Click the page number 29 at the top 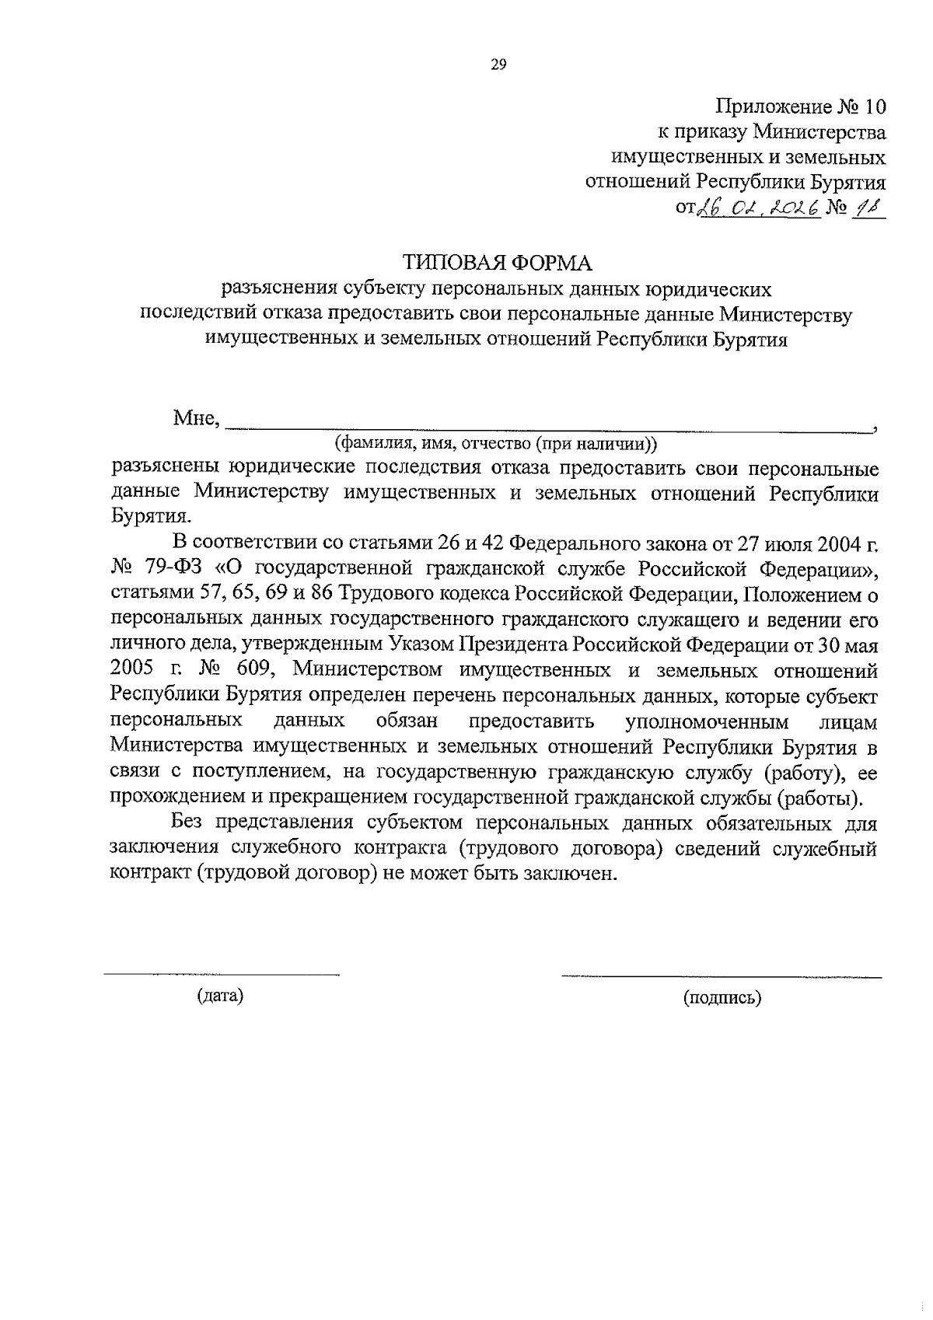498,65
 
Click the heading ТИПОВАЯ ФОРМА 497,262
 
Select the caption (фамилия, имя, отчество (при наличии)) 496,444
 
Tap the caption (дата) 220,996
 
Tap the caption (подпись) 722,997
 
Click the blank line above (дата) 222,973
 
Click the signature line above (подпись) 722,975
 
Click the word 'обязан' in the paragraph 407,721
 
